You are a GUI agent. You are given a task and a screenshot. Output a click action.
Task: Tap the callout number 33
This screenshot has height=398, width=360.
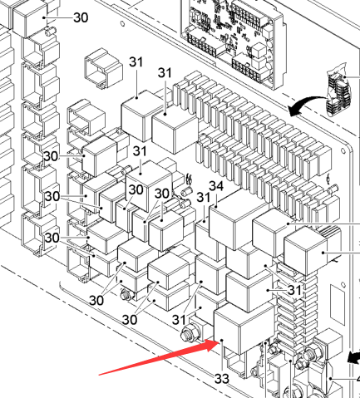(222, 379)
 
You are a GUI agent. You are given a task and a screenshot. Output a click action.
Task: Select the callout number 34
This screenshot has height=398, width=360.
(216, 186)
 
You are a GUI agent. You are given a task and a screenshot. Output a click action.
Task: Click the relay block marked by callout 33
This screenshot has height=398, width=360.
(244, 328)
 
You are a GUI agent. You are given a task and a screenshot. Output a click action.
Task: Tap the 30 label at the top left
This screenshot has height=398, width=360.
(81, 17)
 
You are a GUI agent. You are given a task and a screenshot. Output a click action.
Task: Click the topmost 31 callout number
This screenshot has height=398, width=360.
(136, 62)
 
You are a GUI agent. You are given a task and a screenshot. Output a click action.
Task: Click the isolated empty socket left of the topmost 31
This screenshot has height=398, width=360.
(103, 67)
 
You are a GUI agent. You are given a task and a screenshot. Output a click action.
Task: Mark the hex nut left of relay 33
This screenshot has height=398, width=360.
(190, 332)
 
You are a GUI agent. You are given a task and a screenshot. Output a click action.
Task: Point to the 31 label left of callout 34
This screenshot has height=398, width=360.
(204, 197)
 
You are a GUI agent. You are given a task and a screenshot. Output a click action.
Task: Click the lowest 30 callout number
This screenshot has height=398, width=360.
(130, 320)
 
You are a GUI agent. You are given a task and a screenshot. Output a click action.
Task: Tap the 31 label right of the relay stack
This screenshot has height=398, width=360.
(294, 290)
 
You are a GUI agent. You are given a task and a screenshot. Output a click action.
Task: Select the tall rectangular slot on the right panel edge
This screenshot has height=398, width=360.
(338, 304)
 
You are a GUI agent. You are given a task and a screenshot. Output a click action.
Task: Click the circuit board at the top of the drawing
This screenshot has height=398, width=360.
(233, 42)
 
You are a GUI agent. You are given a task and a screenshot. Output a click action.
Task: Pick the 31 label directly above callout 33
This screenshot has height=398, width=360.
(179, 320)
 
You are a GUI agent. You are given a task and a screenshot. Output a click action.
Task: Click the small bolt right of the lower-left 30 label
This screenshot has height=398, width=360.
(126, 295)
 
